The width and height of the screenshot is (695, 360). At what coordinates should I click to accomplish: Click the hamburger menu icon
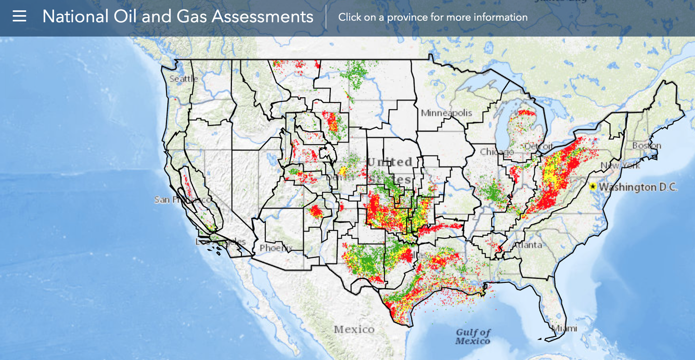[x=19, y=16]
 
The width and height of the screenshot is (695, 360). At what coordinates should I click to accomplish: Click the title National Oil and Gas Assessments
[x=177, y=17]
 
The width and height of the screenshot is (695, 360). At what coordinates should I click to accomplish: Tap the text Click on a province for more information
[x=432, y=17]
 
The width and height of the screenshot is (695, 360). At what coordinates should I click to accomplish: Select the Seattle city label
[x=184, y=79]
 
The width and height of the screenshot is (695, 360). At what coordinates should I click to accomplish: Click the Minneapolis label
[x=446, y=113]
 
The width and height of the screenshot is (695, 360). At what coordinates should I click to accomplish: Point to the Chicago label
[x=493, y=152]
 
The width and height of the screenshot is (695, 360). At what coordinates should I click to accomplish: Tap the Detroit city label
[x=539, y=146]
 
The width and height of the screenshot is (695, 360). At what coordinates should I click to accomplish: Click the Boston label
[x=646, y=146]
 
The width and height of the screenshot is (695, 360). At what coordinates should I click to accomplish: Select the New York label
[x=620, y=165]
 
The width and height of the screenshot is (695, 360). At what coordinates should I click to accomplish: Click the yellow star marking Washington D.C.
[x=593, y=186]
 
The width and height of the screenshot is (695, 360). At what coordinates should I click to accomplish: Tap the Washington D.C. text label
[x=638, y=187]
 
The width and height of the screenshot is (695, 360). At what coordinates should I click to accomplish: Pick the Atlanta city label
[x=527, y=245]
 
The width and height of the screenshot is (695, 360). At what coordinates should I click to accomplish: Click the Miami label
[x=564, y=328]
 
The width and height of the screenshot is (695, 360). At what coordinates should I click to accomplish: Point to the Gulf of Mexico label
[x=473, y=337]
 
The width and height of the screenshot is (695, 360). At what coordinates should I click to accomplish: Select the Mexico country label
[x=354, y=329]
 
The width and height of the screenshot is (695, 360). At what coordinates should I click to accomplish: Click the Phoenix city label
[x=276, y=248]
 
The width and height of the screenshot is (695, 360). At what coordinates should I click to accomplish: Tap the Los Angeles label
[x=220, y=242]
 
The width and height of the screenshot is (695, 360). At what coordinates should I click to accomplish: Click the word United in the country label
[x=390, y=162]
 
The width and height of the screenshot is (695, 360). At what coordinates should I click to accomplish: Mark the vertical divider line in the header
[x=326, y=17]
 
